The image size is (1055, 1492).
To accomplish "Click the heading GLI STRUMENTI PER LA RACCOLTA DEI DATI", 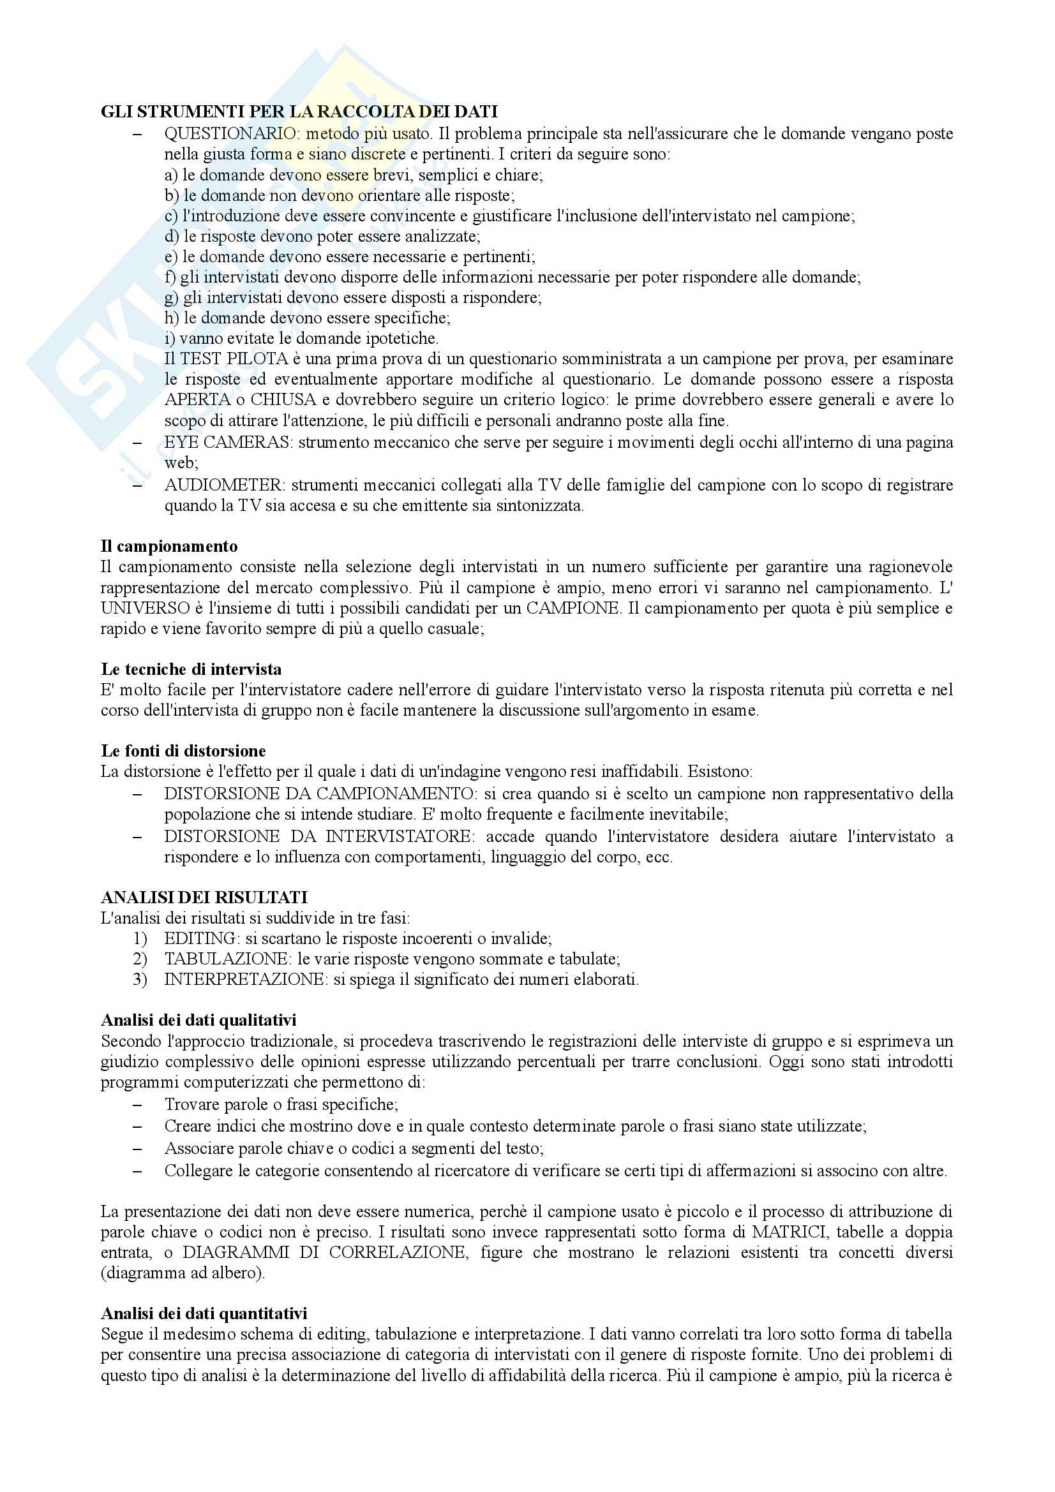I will pyautogui.click(x=299, y=112).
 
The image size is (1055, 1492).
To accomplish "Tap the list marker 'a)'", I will pyautogui.click(x=172, y=175).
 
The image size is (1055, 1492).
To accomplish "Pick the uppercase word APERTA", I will pyautogui.click(x=197, y=400).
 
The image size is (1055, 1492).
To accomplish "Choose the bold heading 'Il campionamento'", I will pyautogui.click(x=169, y=547).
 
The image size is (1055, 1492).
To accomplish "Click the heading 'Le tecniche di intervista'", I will pyautogui.click(x=191, y=669).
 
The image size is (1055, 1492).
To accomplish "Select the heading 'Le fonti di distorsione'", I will pyautogui.click(x=183, y=751).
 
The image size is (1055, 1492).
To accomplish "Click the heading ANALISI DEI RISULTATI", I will pyautogui.click(x=204, y=897).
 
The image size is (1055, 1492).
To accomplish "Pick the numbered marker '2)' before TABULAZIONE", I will pyautogui.click(x=140, y=959).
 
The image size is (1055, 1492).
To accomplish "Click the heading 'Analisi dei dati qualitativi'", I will pyautogui.click(x=199, y=1020).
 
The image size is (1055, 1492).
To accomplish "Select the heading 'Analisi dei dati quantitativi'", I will pyautogui.click(x=204, y=1313).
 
